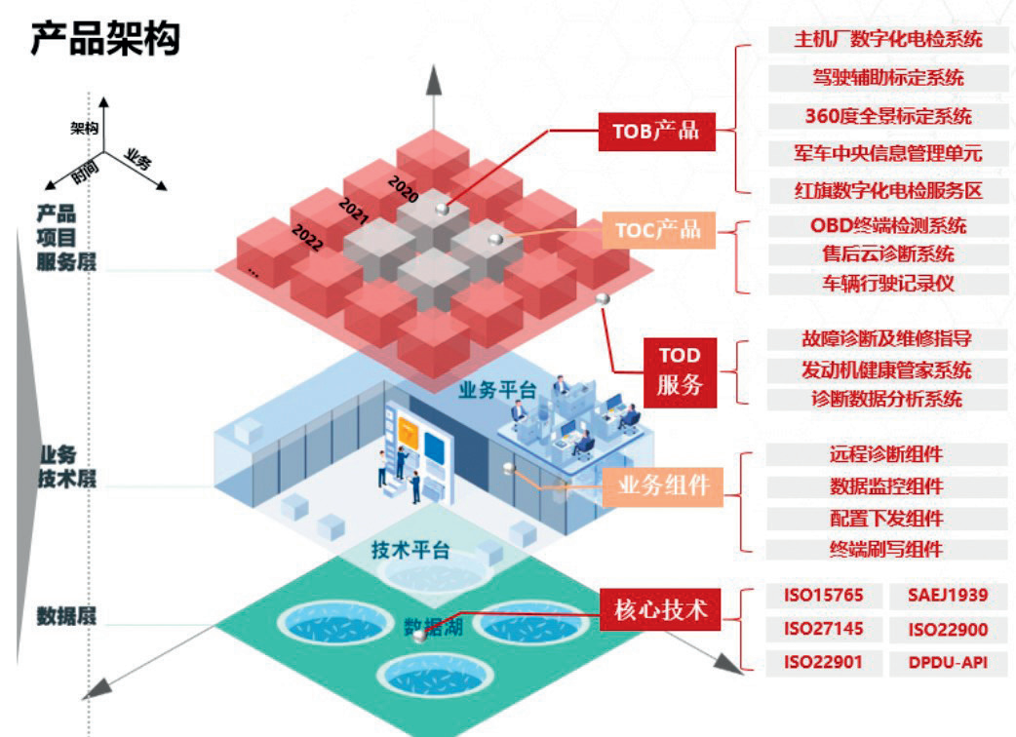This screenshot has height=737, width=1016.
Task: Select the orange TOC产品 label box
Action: [658, 230]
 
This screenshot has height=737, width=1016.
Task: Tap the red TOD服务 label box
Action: [680, 371]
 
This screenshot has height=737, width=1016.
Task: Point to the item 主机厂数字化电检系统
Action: [887, 40]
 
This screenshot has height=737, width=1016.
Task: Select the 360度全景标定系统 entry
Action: [887, 116]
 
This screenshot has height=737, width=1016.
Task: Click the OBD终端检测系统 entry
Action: [887, 226]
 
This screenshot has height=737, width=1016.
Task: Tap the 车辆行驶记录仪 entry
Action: [887, 284]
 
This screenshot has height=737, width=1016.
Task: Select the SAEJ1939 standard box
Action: [948, 596]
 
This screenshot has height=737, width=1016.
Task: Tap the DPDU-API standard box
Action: [948, 663]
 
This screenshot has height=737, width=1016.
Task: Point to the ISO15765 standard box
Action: [824, 596]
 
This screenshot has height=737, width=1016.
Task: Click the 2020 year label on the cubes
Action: [403, 188]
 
